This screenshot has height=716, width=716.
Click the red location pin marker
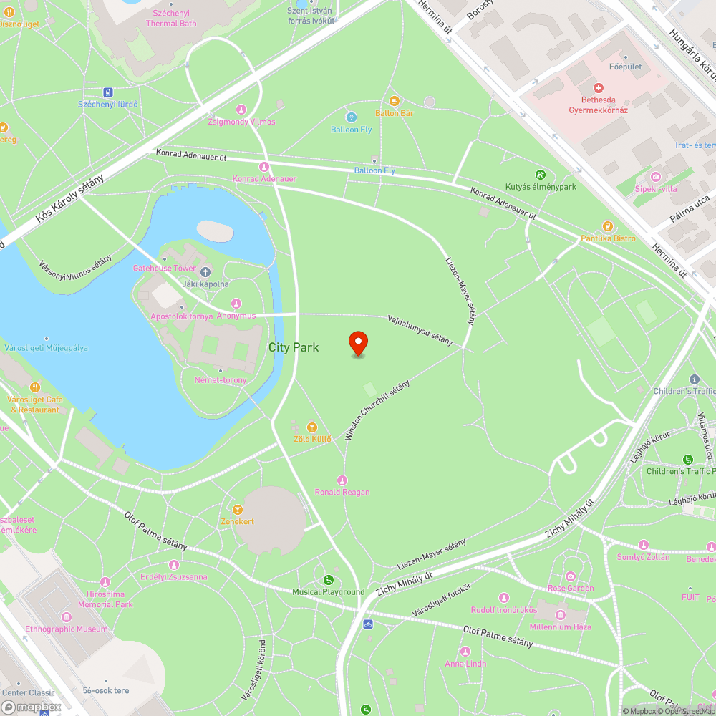tap(357, 342)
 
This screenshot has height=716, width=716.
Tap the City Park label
tap(294, 347)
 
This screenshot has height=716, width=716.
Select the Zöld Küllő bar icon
tap(312, 427)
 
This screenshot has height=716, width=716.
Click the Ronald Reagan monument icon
tap(342, 480)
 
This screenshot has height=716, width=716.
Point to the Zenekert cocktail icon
tap(237, 509)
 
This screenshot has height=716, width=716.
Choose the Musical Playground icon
tap(328, 580)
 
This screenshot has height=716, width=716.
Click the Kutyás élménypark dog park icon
tap(541, 175)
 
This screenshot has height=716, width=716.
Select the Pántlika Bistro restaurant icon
tap(608, 226)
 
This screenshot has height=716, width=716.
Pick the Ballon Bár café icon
tap(394, 101)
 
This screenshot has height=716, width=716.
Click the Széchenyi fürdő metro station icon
tap(108, 92)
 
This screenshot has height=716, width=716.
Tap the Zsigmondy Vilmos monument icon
tap(241, 110)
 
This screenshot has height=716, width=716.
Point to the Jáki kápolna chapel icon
tap(205, 271)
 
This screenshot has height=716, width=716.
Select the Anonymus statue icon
tap(237, 304)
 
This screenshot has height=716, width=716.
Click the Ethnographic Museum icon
tap(67, 617)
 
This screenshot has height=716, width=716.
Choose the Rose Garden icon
tap(571, 576)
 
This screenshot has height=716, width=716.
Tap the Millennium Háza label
tap(561, 626)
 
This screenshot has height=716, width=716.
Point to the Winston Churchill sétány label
tap(377, 410)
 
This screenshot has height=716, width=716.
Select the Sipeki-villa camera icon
tap(655, 177)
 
